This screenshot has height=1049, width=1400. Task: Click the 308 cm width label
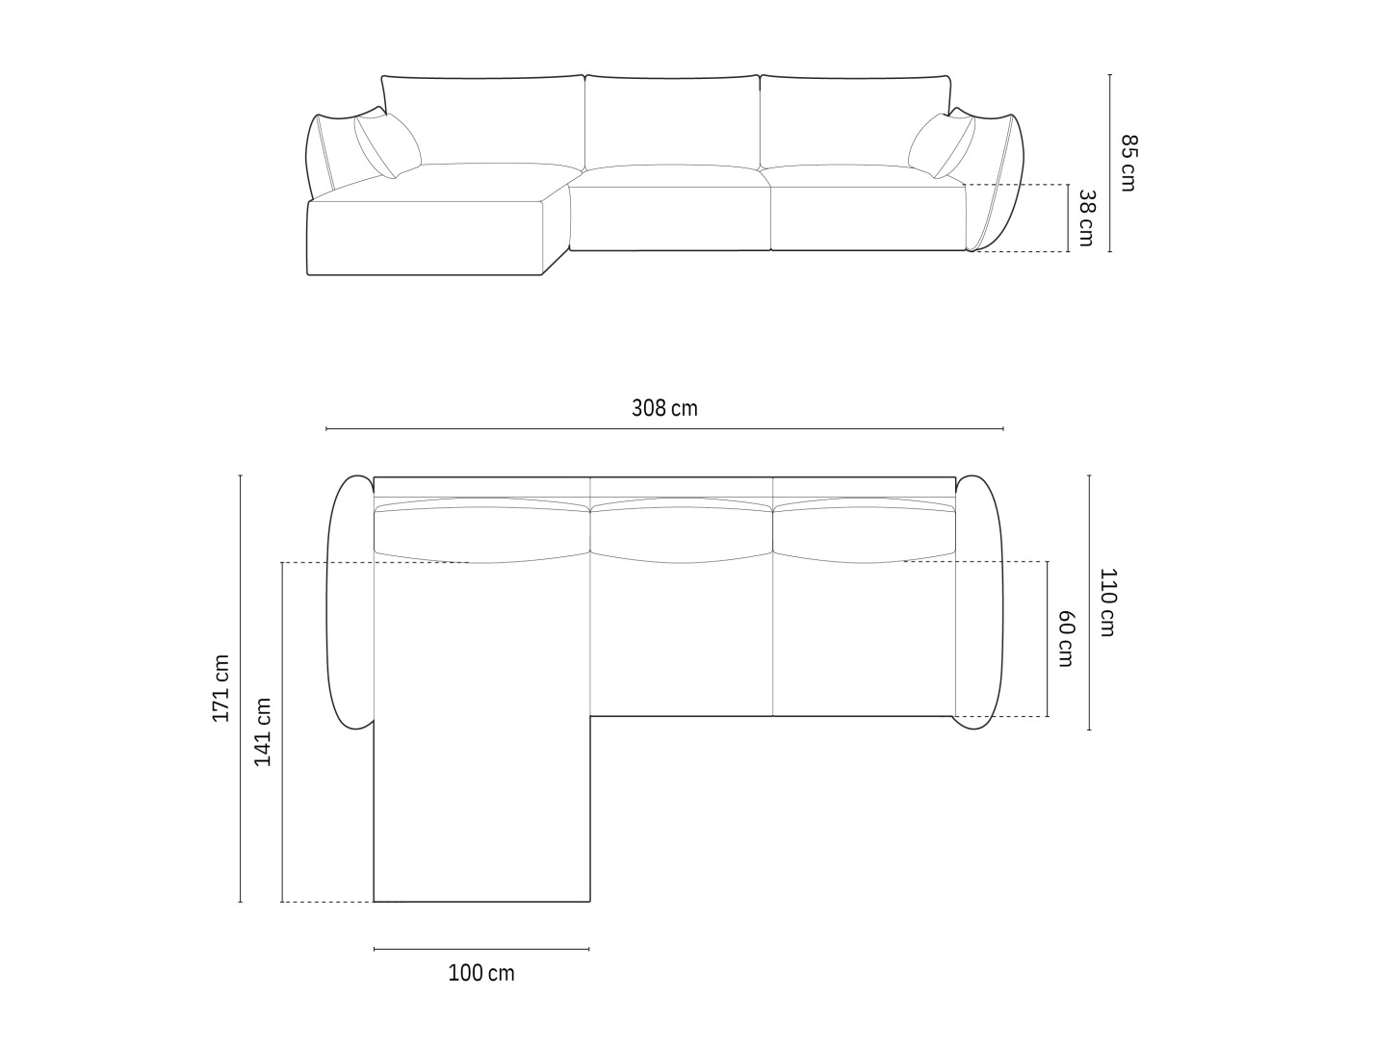pyautogui.click(x=664, y=408)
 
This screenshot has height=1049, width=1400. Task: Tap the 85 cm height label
pyautogui.click(x=1128, y=163)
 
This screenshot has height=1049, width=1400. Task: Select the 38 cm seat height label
pyautogui.click(x=1086, y=217)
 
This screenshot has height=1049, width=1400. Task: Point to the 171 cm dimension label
pyautogui.click(x=220, y=688)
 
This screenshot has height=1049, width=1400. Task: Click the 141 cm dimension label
pyautogui.click(x=263, y=731)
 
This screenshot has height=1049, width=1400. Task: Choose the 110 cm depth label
pyautogui.click(x=1108, y=602)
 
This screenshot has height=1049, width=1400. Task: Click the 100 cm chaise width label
pyautogui.click(x=480, y=973)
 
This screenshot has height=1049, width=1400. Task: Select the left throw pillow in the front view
pyautogui.click(x=388, y=145)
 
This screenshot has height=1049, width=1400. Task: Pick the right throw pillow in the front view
pyautogui.click(x=942, y=145)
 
